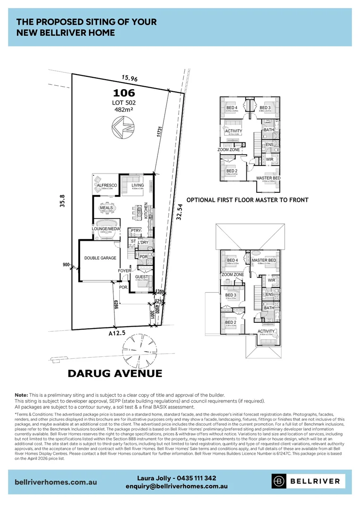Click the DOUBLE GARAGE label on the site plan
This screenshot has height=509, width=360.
pyautogui.click(x=100, y=258)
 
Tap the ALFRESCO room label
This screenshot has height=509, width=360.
pyautogui.click(x=106, y=186)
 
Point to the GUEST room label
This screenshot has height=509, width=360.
pyautogui.click(x=141, y=277)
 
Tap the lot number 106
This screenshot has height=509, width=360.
pyautogui.click(x=123, y=93)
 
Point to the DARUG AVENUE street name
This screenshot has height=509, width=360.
pyautogui.click(x=115, y=374)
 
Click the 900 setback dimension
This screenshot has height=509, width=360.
pyautogui.click(x=66, y=265)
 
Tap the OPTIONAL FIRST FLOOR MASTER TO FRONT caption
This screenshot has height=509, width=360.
pyautogui.click(x=247, y=200)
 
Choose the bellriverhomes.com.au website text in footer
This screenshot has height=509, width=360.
pyautogui.click(x=56, y=482)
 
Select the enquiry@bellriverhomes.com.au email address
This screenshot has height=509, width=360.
pyautogui.click(x=177, y=486)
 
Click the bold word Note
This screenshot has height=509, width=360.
pyautogui.click(x=21, y=395)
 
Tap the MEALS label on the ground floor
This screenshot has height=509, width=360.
pyautogui.click(x=106, y=207)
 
